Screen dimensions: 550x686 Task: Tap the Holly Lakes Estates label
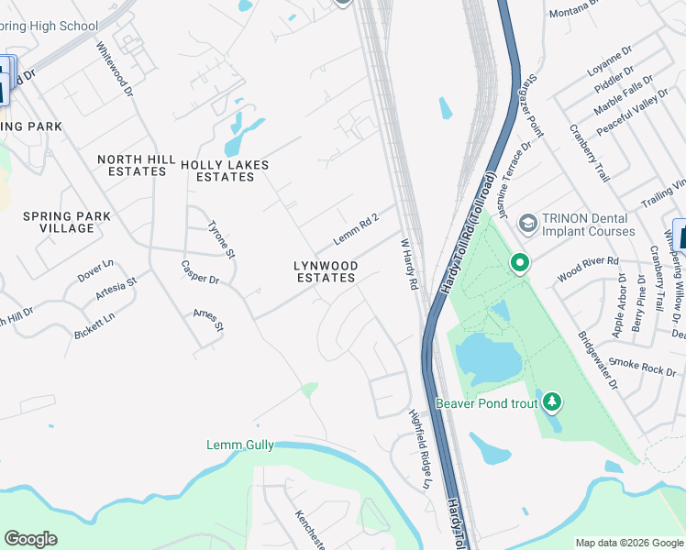point(225,170)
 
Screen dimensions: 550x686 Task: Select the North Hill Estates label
point(137,165)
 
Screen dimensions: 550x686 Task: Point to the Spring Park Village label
point(68,222)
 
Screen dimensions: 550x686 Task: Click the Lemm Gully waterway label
point(238,445)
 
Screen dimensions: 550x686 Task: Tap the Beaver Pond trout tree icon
point(551,401)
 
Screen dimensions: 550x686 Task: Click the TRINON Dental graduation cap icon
point(527,223)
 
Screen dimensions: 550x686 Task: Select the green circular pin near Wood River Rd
point(519,264)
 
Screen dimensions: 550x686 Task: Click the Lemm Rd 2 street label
point(357,225)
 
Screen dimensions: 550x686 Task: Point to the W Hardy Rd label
point(409,266)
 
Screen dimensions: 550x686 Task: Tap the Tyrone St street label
point(222,239)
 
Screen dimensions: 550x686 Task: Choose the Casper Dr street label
point(199,279)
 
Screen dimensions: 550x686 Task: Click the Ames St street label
point(208,320)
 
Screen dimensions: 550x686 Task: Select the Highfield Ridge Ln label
point(420,447)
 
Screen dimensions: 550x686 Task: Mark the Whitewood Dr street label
point(116,69)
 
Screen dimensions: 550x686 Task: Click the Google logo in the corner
point(30,539)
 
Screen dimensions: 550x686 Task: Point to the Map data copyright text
point(629,542)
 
